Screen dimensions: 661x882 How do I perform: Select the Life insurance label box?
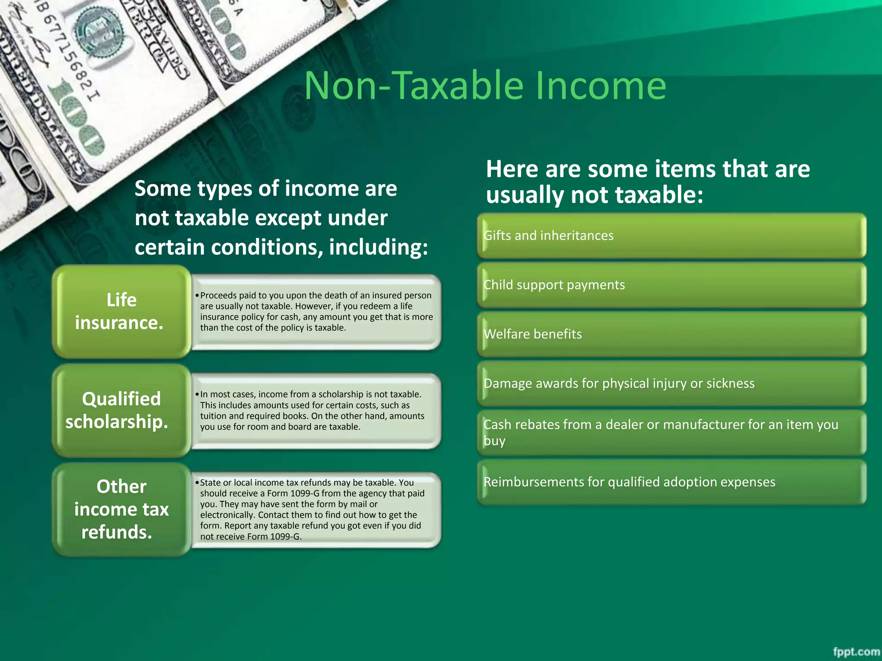(121, 311)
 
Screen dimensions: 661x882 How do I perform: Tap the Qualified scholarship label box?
(121, 410)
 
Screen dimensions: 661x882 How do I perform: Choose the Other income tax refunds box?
(121, 509)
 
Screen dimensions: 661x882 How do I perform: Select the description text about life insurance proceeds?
(316, 312)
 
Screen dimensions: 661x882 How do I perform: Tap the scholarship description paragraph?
(311, 411)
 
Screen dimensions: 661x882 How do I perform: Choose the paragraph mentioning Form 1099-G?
(311, 510)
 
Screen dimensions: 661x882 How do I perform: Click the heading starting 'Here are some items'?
(648, 182)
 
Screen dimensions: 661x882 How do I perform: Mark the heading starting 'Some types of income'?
(281, 218)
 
